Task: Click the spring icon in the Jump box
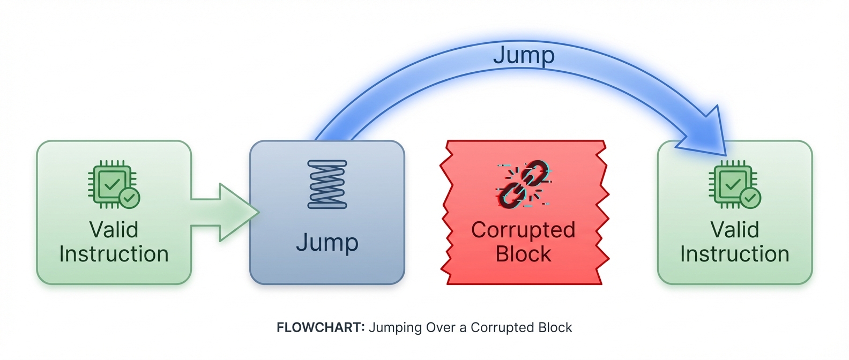coord(327,184)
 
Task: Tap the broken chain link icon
coord(524,184)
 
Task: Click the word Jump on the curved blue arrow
coord(524,55)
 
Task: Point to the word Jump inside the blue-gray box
coord(327,243)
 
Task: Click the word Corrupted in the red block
coord(523,230)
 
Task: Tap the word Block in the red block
coord(523,254)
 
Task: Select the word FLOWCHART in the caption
coord(321,327)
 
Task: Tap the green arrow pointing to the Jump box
coord(228,212)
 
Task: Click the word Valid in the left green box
coord(114,230)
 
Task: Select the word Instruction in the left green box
coord(114,254)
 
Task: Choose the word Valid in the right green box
coord(734,230)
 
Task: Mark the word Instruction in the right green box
coord(734,254)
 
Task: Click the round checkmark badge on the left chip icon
coord(129,198)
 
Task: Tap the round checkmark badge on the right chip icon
coord(750,198)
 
